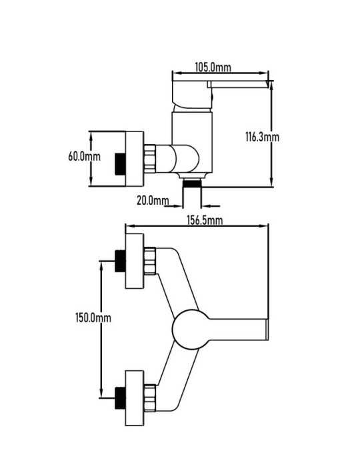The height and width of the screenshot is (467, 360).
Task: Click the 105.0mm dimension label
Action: pos(213,67)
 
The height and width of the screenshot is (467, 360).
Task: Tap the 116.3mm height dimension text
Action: pos(262,137)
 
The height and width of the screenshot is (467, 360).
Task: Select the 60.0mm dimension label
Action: pos(85,156)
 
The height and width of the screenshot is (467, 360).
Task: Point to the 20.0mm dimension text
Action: pos(153,200)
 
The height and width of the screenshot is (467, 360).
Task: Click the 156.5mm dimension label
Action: pos(205,220)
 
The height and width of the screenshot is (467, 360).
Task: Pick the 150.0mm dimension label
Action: pos(93,318)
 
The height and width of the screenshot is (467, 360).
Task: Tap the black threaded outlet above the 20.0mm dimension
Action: pos(192,183)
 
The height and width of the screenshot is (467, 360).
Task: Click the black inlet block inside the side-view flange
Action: pos(120,164)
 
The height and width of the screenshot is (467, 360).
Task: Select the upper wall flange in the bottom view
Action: pos(135,261)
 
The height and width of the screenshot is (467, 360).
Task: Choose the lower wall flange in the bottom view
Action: pos(135,398)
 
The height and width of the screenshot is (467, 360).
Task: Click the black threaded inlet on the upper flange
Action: pos(120,262)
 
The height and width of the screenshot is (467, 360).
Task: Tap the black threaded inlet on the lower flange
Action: pos(120,398)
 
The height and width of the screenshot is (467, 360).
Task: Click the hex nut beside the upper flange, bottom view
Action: pos(150,261)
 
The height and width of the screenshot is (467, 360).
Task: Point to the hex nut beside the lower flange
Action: pos(150,398)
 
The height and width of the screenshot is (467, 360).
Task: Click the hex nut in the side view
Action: pos(150,159)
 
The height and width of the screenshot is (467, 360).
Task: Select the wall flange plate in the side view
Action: pos(135,159)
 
